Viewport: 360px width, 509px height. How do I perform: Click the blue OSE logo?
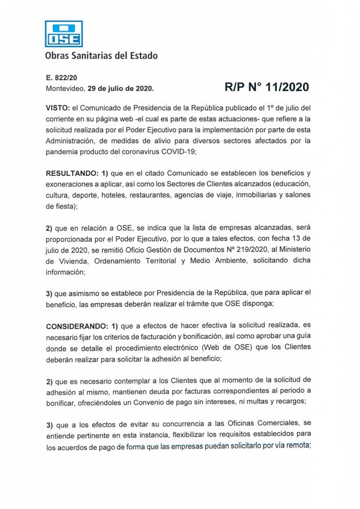pos(64,34)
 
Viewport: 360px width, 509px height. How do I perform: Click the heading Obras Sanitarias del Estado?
pos(101,56)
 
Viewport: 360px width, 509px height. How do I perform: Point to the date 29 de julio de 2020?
pos(120,89)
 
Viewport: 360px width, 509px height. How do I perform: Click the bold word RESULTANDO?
pos(73,174)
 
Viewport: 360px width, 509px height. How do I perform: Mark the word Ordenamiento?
pos(123,261)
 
